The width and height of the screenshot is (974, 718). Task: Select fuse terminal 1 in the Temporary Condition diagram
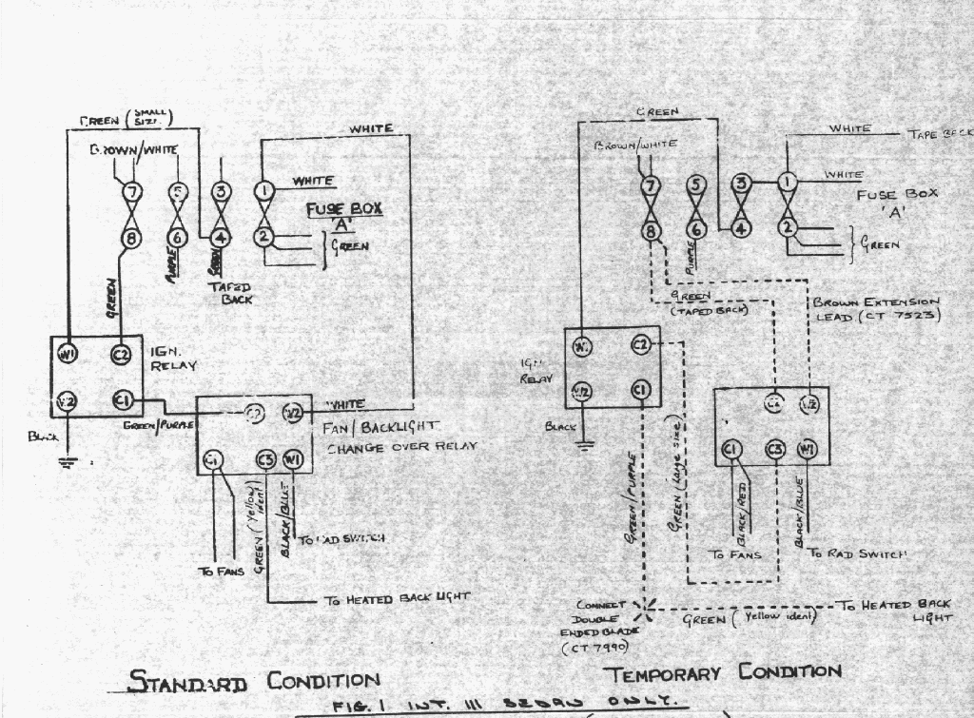click(x=787, y=182)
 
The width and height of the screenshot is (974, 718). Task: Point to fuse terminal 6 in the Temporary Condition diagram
click(x=696, y=229)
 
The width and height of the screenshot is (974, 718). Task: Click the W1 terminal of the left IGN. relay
click(x=68, y=355)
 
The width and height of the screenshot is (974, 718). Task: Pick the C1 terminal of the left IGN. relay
click(x=122, y=401)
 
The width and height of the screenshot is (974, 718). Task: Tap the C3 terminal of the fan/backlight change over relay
click(x=265, y=461)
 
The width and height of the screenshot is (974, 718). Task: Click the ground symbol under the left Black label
click(x=67, y=464)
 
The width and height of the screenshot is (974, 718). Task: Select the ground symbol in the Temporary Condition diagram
click(x=585, y=442)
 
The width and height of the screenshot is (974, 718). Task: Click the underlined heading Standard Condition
click(x=254, y=681)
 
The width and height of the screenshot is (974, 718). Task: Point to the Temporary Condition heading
click(x=723, y=673)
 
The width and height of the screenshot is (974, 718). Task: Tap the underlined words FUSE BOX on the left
click(x=343, y=209)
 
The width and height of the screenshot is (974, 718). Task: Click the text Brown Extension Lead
click(x=876, y=309)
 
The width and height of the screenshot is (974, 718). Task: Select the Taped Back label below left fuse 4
click(x=230, y=292)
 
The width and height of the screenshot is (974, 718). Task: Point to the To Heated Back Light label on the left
click(x=398, y=598)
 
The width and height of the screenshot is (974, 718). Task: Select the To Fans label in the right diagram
click(x=736, y=553)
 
